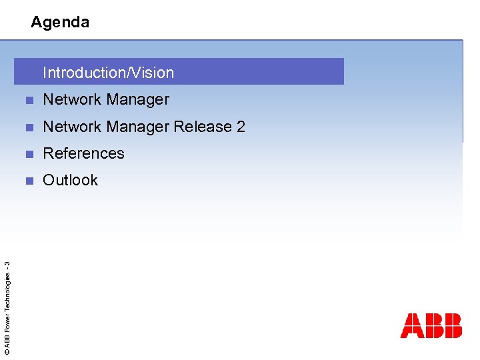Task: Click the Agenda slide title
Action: (x=60, y=22)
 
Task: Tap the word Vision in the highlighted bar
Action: (x=152, y=73)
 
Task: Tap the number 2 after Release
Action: (x=241, y=127)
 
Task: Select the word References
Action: (x=83, y=153)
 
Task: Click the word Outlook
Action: (x=70, y=180)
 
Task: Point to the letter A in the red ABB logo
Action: (x=411, y=325)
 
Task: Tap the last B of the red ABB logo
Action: (x=452, y=325)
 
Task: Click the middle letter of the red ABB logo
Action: (x=432, y=325)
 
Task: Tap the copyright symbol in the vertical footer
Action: (x=7, y=351)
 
